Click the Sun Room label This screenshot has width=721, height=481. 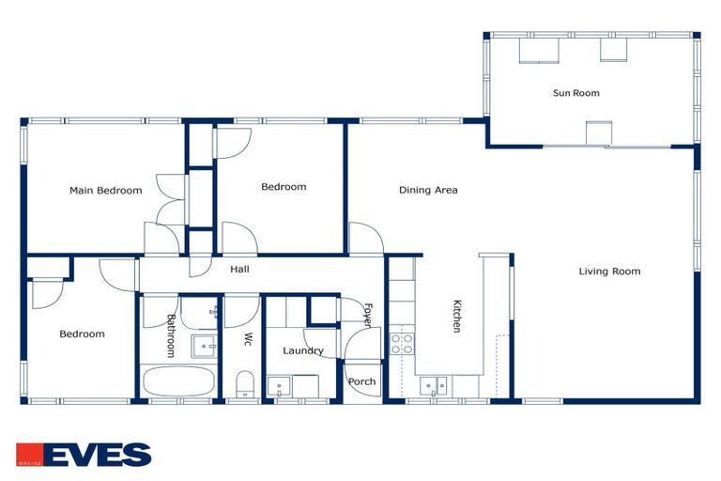[575, 93]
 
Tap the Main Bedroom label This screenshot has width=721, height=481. [106, 191]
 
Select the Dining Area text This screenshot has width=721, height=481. [428, 190]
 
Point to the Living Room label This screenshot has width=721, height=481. [609, 272]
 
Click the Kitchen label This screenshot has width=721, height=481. [456, 316]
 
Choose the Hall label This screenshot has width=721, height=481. [239, 270]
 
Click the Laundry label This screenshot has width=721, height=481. [303, 350]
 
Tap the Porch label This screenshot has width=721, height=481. [361, 381]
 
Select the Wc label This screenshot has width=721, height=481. [248, 339]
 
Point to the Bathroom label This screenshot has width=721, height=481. [171, 336]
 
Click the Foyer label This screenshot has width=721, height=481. [367, 316]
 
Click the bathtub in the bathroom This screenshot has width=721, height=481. [179, 381]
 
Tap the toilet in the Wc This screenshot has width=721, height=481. [245, 384]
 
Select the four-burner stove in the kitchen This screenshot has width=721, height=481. [402, 344]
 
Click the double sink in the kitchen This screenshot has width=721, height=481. [433, 386]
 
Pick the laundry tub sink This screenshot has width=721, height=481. [279, 386]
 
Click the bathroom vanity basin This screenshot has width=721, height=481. [204, 346]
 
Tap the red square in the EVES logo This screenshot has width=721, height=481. [30, 455]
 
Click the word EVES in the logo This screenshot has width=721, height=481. [98, 455]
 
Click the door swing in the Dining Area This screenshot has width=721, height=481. [366, 238]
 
